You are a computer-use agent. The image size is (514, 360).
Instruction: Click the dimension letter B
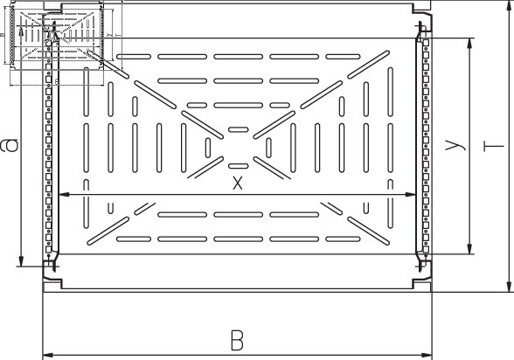[237, 341]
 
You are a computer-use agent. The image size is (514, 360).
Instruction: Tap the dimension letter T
[493, 146]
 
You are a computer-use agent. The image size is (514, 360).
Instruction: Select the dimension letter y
[455, 145]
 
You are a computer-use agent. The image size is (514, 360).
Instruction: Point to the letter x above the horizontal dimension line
[238, 183]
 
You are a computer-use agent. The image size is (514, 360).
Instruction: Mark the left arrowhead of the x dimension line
[64, 195]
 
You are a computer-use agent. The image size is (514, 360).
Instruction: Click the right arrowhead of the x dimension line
[410, 195]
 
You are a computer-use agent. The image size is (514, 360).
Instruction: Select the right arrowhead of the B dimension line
[427, 355]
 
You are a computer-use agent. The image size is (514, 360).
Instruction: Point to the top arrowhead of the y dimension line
[470, 44]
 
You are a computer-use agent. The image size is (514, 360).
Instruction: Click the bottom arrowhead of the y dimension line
[470, 248]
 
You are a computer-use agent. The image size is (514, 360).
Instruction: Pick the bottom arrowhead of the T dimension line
[509, 286]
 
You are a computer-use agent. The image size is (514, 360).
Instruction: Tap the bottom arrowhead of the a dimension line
[21, 261]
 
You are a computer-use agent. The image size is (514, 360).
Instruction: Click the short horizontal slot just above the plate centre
[238, 129]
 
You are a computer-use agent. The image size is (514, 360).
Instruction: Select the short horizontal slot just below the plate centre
[238, 166]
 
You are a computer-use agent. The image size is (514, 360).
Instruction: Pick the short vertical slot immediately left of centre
[208, 148]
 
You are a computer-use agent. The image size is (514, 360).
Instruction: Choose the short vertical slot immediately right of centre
[268, 148]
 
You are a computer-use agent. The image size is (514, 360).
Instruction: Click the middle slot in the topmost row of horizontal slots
[239, 56]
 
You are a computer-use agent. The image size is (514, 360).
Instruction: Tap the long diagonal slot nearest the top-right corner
[369, 64]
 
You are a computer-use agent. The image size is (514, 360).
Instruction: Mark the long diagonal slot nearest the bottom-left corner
[108, 231]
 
